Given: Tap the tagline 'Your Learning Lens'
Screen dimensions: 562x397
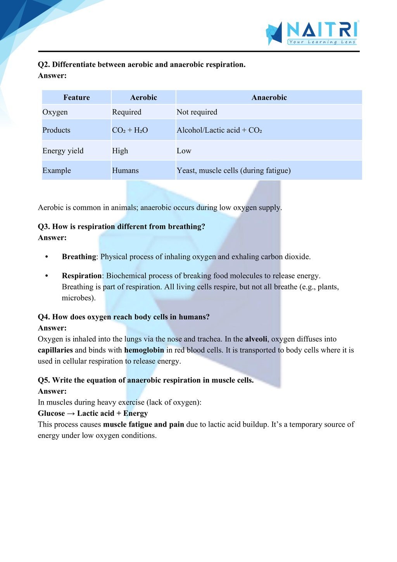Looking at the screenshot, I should tap(322, 42).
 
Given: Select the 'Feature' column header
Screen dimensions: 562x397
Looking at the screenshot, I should tap(76, 97).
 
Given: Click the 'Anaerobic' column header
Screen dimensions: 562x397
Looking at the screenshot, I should tap(269, 97).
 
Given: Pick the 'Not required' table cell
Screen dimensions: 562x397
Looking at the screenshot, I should tap(197, 112).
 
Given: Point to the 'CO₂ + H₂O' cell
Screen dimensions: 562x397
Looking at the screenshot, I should tap(130, 130).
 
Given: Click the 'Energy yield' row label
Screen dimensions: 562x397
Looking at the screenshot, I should tap(63, 151).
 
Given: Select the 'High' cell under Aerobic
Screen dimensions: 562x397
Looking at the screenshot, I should tap(120, 151).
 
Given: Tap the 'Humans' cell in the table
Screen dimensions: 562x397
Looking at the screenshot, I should tap(125, 171).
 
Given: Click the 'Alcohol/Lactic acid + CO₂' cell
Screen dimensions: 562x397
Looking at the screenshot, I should tap(219, 130).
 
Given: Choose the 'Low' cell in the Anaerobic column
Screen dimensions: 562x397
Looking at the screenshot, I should tap(184, 151).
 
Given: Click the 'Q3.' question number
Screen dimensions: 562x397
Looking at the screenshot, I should tap(44, 227).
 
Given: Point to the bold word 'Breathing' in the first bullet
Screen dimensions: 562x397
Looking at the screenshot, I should tap(79, 257).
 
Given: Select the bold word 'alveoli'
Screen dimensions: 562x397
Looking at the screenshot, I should tap(256, 339).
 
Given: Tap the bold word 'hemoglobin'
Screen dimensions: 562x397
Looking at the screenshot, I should tap(144, 350).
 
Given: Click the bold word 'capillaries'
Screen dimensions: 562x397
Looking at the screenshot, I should tap(55, 350).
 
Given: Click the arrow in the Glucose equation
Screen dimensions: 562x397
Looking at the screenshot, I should tap(71, 413).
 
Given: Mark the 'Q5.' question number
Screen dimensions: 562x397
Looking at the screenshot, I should tap(44, 380).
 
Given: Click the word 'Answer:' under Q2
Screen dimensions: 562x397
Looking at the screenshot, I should tap(52, 76).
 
